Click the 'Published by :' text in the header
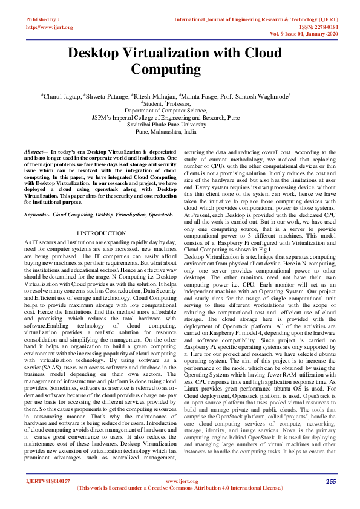(43, 20)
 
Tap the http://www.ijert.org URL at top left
(50, 27)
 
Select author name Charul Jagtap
(62, 96)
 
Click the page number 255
(330, 481)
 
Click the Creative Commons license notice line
(180, 488)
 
